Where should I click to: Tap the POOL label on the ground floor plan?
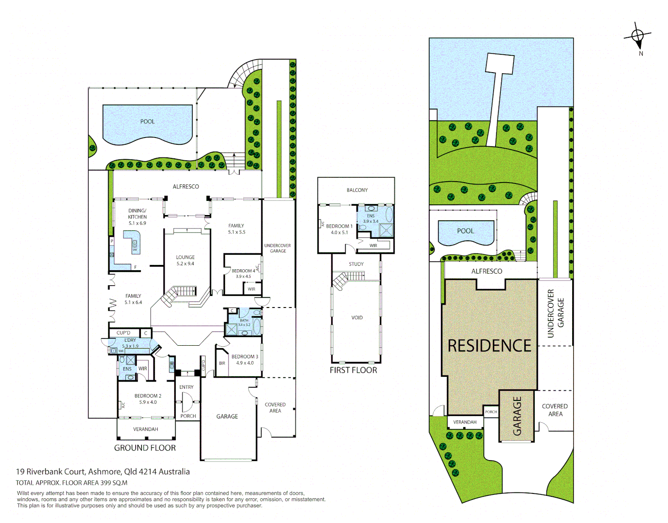coord(147,122)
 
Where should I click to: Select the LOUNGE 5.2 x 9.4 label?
coord(185,261)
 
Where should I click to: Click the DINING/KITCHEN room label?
coord(137,217)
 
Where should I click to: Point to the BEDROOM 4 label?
coord(243,271)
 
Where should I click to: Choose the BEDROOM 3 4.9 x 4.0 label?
coord(244,359)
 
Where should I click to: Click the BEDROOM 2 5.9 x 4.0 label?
coord(148,399)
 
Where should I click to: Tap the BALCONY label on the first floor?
coord(357,190)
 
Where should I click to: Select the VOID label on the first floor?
coord(357,318)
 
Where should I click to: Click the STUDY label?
coord(356,264)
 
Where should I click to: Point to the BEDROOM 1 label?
coord(339,226)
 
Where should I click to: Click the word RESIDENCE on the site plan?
coord(489,346)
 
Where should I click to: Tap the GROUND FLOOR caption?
coord(145,448)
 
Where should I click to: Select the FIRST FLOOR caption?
coord(353,370)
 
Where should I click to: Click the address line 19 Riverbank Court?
coord(103,472)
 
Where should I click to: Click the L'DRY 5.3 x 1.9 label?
coord(130,343)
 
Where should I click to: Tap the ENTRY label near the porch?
coord(186,387)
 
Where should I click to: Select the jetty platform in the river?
coord(500,63)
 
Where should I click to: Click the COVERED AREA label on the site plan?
coord(555,410)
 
